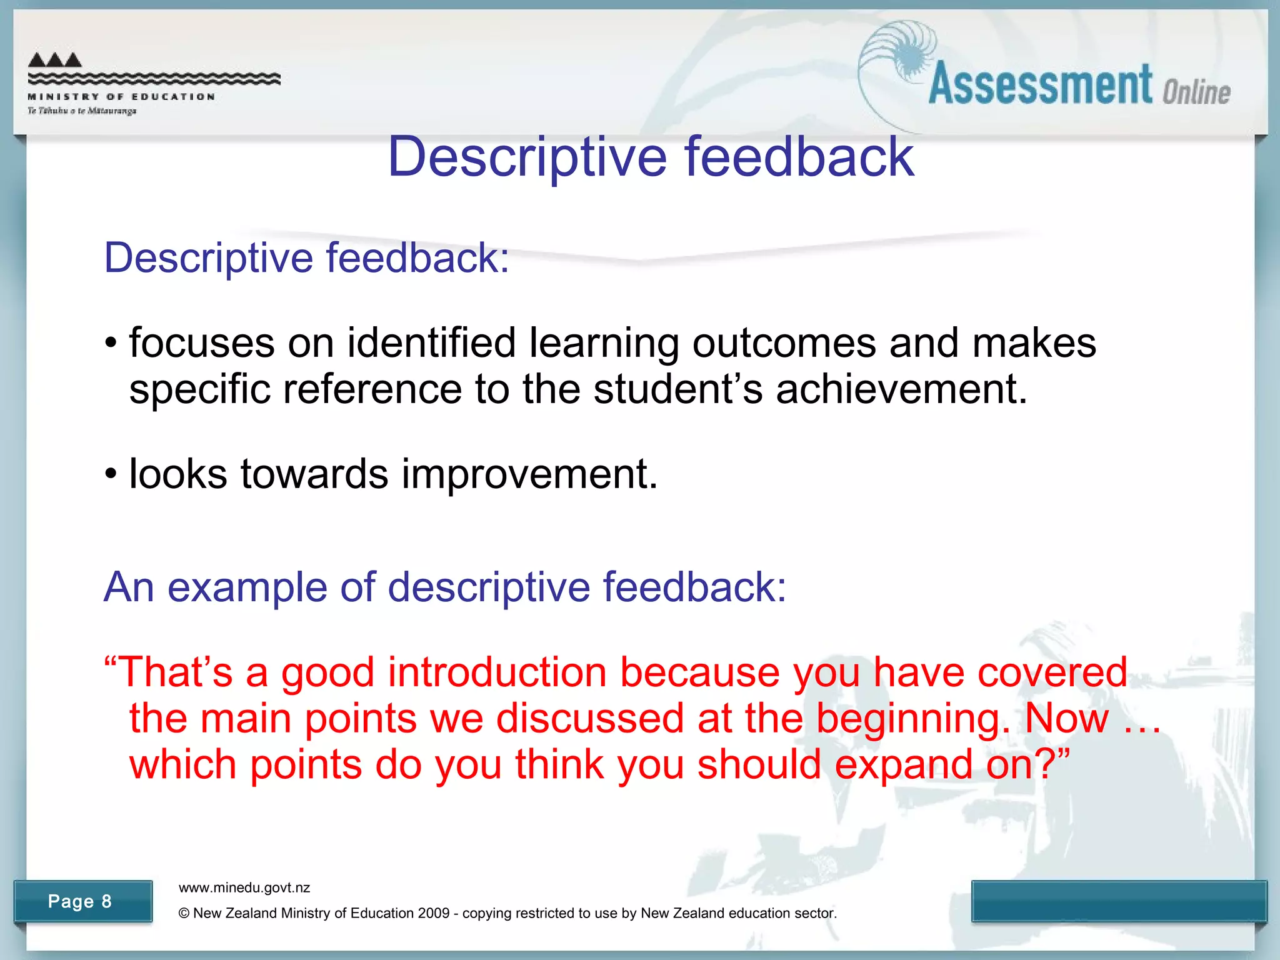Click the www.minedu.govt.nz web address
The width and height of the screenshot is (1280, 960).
244,887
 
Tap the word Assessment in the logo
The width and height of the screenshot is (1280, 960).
1040,85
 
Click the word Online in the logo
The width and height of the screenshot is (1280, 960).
1196,92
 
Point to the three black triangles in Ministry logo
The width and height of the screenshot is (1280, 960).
55,60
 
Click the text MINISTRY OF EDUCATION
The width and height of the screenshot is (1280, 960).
121,97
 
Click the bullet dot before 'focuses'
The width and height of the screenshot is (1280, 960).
111,344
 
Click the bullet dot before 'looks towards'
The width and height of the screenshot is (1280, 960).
111,474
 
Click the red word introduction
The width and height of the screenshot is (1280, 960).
497,672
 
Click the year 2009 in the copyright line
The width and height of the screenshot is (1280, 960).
434,913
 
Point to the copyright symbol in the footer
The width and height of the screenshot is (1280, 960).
184,913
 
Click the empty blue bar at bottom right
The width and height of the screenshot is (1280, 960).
1119,901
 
